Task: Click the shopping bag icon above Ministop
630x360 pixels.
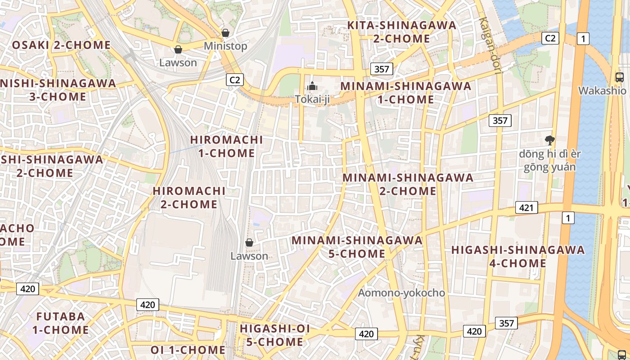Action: pos(225,33)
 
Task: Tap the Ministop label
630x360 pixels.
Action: pos(225,46)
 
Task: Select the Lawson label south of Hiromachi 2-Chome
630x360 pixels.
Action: pos(249,256)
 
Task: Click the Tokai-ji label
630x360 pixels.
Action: pos(312,99)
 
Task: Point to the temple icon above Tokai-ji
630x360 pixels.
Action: pos(312,86)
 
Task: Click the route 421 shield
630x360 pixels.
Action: pos(526,207)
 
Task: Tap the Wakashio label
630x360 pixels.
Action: pos(602,90)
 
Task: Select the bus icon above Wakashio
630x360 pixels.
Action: pos(620,77)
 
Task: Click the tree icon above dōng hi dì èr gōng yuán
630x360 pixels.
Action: pos(549,140)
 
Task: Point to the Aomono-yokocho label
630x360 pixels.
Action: pos(401,293)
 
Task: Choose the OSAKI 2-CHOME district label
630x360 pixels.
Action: pos(61,45)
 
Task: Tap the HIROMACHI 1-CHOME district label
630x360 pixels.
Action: pos(226,146)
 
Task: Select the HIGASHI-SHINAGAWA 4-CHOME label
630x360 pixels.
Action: pos(518,256)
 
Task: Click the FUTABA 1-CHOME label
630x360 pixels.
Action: pos(60,323)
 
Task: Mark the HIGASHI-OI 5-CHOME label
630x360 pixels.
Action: pos(274,335)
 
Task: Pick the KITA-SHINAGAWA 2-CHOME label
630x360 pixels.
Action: pos(402,31)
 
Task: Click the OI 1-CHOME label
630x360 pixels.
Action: pos(188,350)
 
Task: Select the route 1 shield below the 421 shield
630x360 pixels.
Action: pos(569,218)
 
